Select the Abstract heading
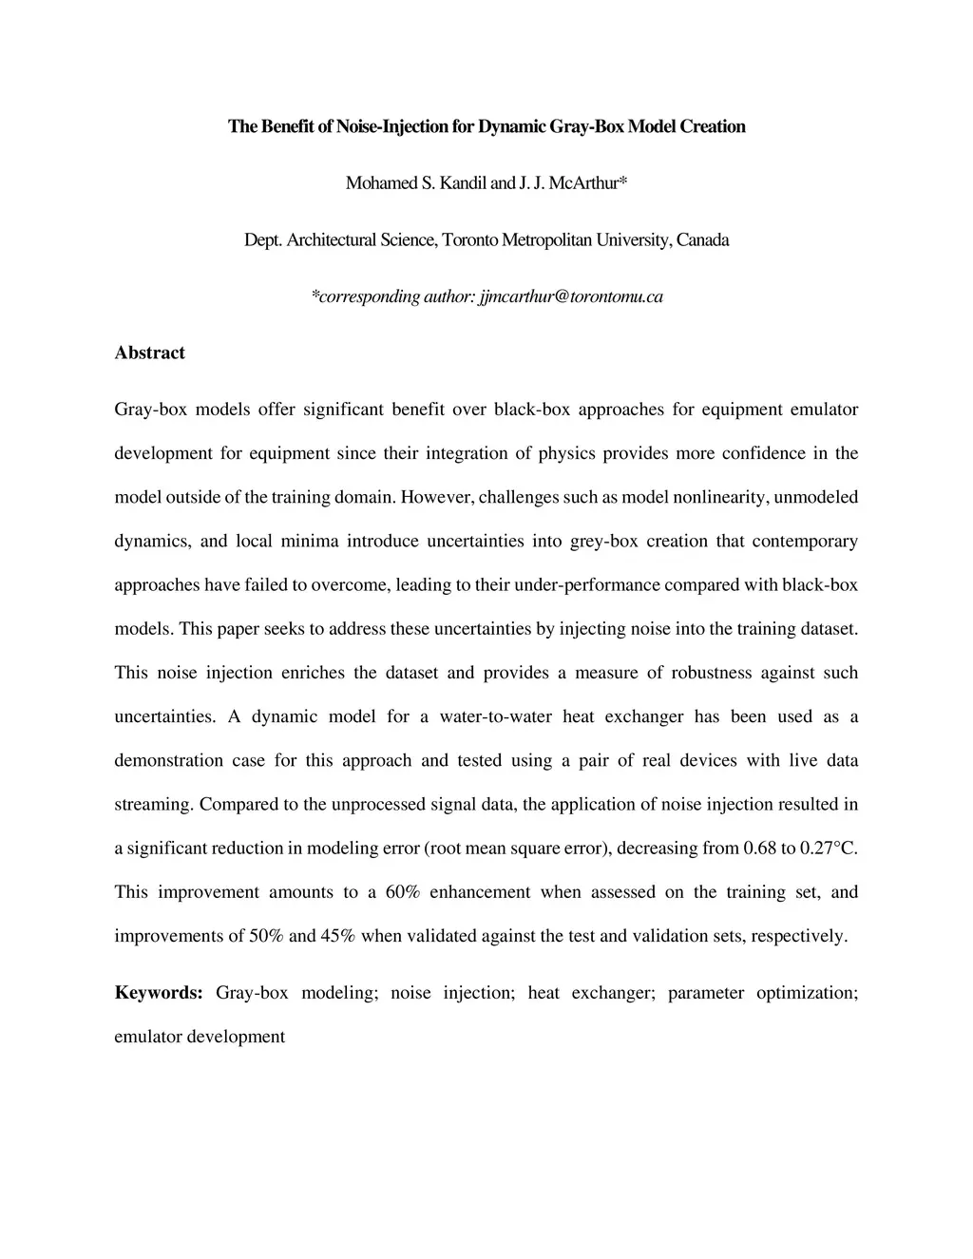click(x=149, y=353)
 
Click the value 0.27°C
click(x=830, y=848)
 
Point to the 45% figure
click(x=338, y=936)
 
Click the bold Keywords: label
click(x=159, y=993)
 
